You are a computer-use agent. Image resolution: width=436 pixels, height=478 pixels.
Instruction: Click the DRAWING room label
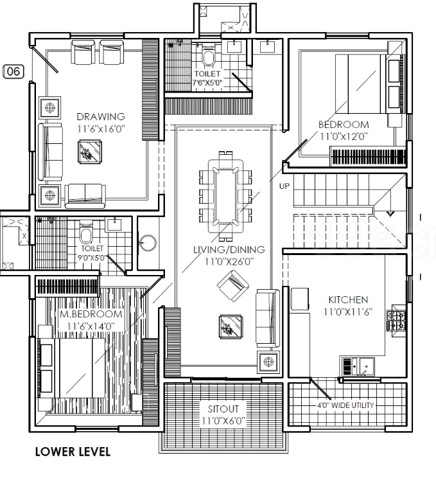(x=100, y=116)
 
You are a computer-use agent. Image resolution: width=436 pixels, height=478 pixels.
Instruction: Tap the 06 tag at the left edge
(x=13, y=71)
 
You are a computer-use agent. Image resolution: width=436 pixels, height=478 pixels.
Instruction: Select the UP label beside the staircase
(x=284, y=186)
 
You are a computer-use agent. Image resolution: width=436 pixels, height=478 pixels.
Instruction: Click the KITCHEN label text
(x=348, y=299)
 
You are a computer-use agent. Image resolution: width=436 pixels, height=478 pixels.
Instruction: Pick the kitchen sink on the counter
(x=363, y=366)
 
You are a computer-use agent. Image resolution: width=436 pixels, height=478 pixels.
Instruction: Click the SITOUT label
(x=223, y=409)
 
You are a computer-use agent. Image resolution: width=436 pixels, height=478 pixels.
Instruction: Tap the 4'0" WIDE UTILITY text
(x=345, y=406)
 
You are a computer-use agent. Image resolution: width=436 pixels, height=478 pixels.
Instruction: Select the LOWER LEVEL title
(x=73, y=452)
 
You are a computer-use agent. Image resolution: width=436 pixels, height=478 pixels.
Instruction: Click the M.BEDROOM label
(x=91, y=314)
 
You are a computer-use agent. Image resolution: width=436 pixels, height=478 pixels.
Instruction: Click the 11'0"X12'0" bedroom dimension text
(x=344, y=136)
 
